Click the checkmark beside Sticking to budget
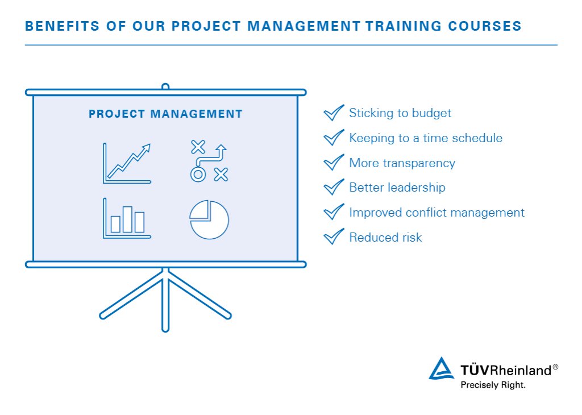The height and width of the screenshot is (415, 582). tap(334, 113)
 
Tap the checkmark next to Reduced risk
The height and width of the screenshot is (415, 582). tap(334, 236)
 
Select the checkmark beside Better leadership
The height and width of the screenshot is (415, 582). tap(334, 187)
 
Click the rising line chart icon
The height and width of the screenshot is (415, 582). tap(127, 163)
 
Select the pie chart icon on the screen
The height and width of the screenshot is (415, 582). tap(209, 219)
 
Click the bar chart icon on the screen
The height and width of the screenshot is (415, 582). tap(127, 218)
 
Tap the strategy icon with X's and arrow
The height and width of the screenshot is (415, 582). tap(209, 162)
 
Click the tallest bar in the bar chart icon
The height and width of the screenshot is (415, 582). tap(127, 219)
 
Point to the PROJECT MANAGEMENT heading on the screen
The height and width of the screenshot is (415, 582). tap(165, 114)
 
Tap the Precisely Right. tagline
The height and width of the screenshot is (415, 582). tap(492, 385)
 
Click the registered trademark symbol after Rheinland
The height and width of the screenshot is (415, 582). tap(555, 367)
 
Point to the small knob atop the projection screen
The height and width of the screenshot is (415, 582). tap(165, 87)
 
